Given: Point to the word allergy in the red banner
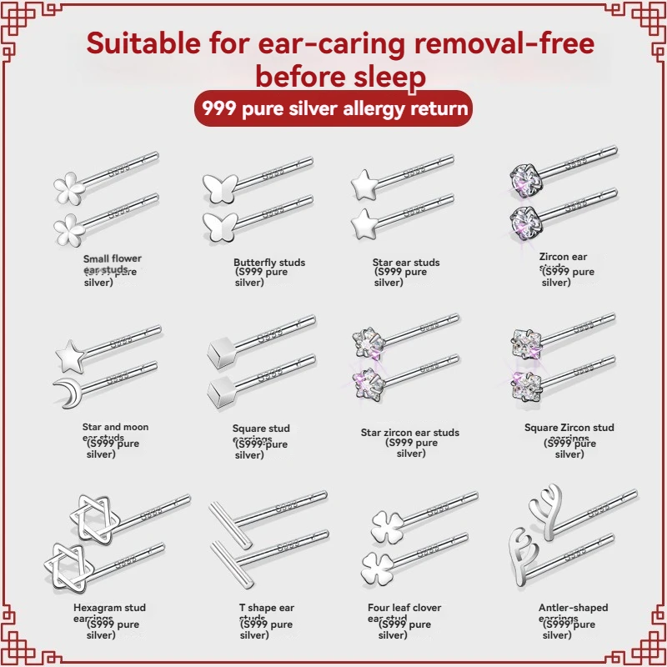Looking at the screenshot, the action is [x=359, y=109].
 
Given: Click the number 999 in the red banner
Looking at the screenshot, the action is [x=219, y=109].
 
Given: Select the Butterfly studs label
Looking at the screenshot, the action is [x=269, y=263].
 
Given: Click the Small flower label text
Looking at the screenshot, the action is [x=113, y=259].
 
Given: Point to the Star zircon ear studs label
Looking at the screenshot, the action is [x=410, y=433].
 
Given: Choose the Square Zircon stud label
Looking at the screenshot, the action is [x=569, y=428].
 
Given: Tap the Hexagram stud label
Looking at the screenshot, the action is [x=109, y=608].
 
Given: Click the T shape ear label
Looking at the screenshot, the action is [x=267, y=608].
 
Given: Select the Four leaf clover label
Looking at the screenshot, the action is [x=404, y=608].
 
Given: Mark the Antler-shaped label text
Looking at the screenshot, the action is [x=574, y=608].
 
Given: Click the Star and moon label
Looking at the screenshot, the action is [x=115, y=427].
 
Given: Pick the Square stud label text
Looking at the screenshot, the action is [x=261, y=429].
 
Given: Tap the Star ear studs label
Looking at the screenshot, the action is [x=406, y=263].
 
